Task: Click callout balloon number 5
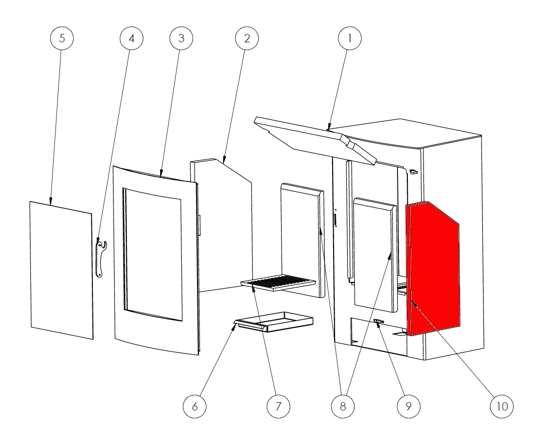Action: tap(62, 38)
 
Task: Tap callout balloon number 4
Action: tap(131, 38)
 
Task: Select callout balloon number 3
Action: tap(181, 38)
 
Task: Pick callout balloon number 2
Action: tap(247, 38)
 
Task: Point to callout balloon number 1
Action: tap(350, 38)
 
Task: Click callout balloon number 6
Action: tap(195, 406)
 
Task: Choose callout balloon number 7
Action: tap(278, 406)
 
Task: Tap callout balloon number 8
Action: tap(343, 406)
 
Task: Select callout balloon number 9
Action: tap(408, 406)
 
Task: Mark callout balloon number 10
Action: tap(502, 406)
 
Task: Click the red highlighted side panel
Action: tap(433, 268)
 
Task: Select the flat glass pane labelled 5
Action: tap(61, 270)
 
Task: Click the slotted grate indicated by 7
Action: tap(278, 283)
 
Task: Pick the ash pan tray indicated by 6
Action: tap(274, 322)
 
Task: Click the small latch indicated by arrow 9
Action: tap(379, 322)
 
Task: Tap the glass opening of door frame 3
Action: tap(153, 255)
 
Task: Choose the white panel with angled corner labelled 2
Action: tap(222, 225)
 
